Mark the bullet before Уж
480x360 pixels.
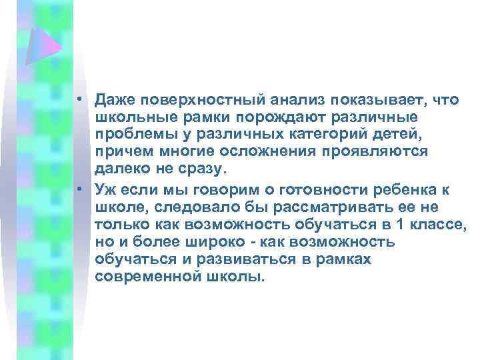(78, 188)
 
